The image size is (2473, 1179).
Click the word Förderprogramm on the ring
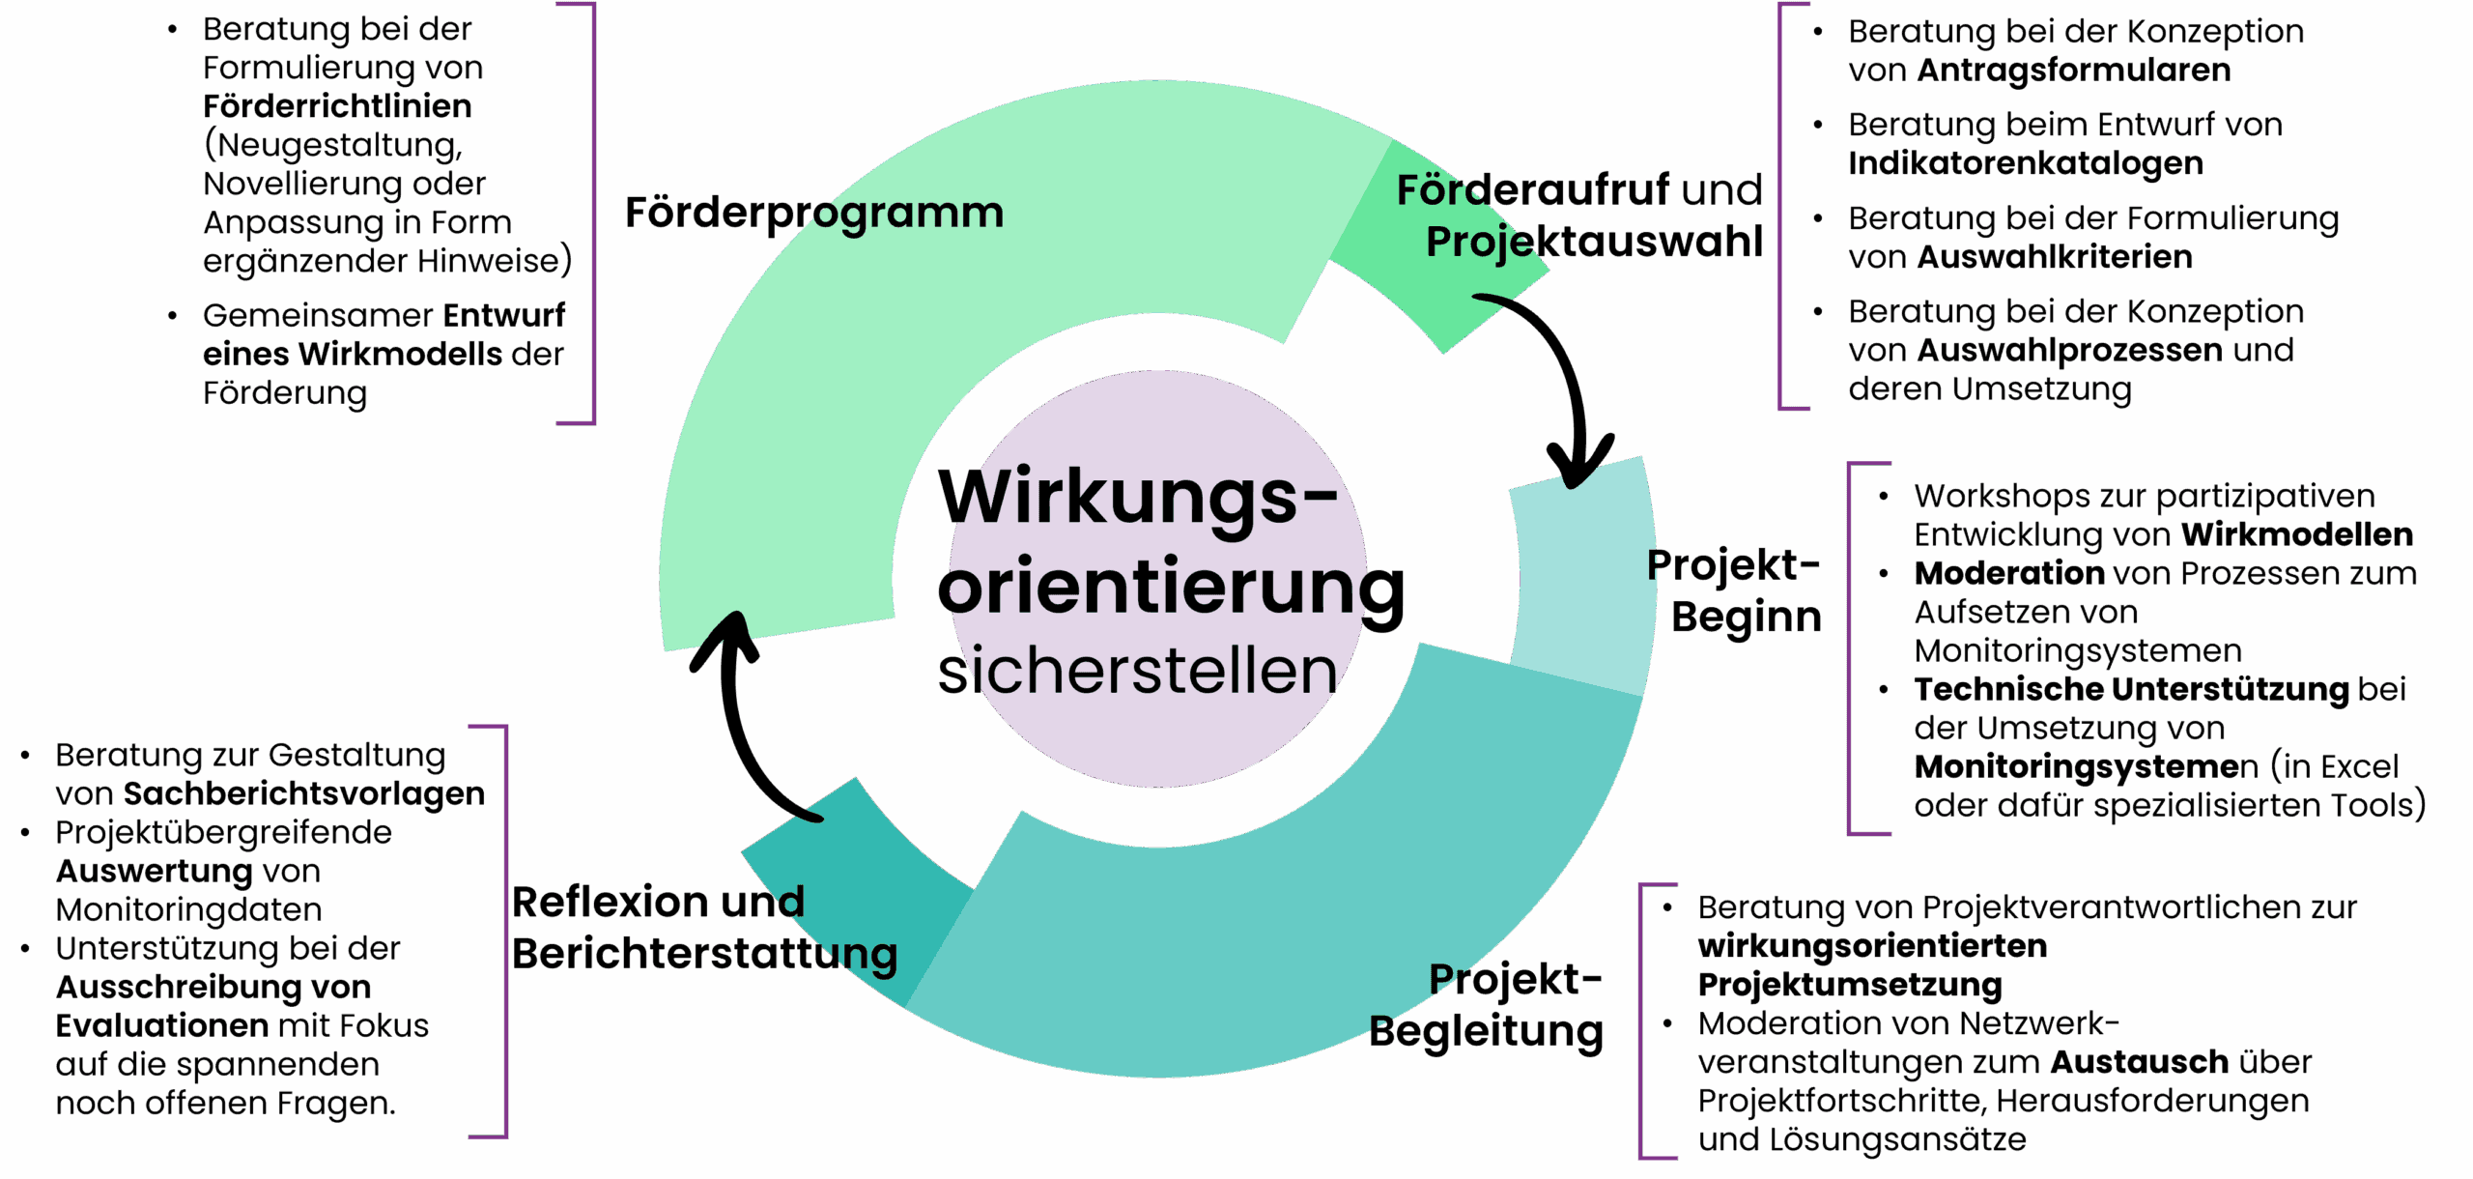click(813, 213)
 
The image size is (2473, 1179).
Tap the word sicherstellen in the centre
click(1137, 671)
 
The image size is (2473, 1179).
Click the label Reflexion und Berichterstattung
click(704, 928)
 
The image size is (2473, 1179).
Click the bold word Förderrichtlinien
click(337, 106)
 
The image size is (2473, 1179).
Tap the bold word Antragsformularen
click(2073, 70)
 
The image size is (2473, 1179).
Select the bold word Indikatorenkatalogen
click(2025, 163)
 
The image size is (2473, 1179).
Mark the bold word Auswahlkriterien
click(2054, 257)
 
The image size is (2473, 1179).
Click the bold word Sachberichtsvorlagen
click(304, 793)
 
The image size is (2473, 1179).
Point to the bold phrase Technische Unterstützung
click(2131, 689)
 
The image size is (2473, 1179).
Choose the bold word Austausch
click(2139, 1062)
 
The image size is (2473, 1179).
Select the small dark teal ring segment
click(860, 884)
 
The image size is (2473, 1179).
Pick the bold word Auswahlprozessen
click(2068, 350)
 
